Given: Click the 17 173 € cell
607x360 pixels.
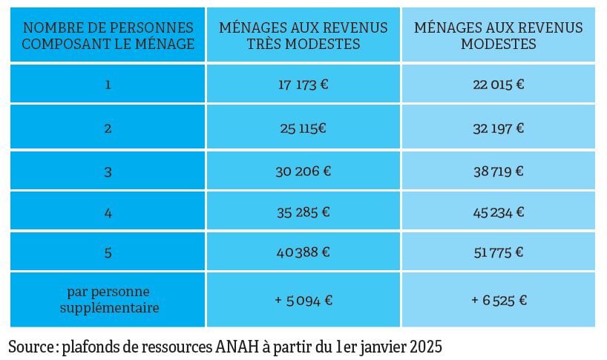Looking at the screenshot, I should coord(303,84).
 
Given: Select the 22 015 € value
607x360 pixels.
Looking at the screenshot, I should coord(498,84).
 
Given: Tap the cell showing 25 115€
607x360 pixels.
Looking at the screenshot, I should coord(303,128).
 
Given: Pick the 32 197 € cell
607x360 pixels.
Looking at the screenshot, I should coord(498,128).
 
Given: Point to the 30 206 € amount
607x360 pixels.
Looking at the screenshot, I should coord(303,171).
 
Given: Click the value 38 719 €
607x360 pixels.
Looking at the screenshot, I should coord(498,171).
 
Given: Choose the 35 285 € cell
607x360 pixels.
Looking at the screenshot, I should coord(303,212).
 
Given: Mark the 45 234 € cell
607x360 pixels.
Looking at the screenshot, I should coord(498,212).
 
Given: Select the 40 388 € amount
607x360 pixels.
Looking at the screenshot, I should coord(303,252).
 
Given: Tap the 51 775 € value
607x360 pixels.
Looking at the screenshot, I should coord(498,252).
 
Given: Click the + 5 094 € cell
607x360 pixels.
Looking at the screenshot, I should coord(303,300).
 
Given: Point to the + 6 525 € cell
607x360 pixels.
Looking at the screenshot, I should coord(498,300).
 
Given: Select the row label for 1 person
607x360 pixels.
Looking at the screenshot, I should coord(108,84).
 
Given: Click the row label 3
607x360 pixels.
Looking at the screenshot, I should coord(108,171).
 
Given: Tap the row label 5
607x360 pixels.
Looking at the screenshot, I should coord(108,252).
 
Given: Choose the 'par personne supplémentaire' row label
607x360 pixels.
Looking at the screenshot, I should coord(108,299).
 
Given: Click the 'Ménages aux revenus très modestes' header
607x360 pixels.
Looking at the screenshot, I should coord(303,36).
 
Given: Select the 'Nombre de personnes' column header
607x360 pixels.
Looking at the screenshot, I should coord(108,36).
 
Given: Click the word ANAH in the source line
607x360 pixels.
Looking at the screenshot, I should coord(236,347).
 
